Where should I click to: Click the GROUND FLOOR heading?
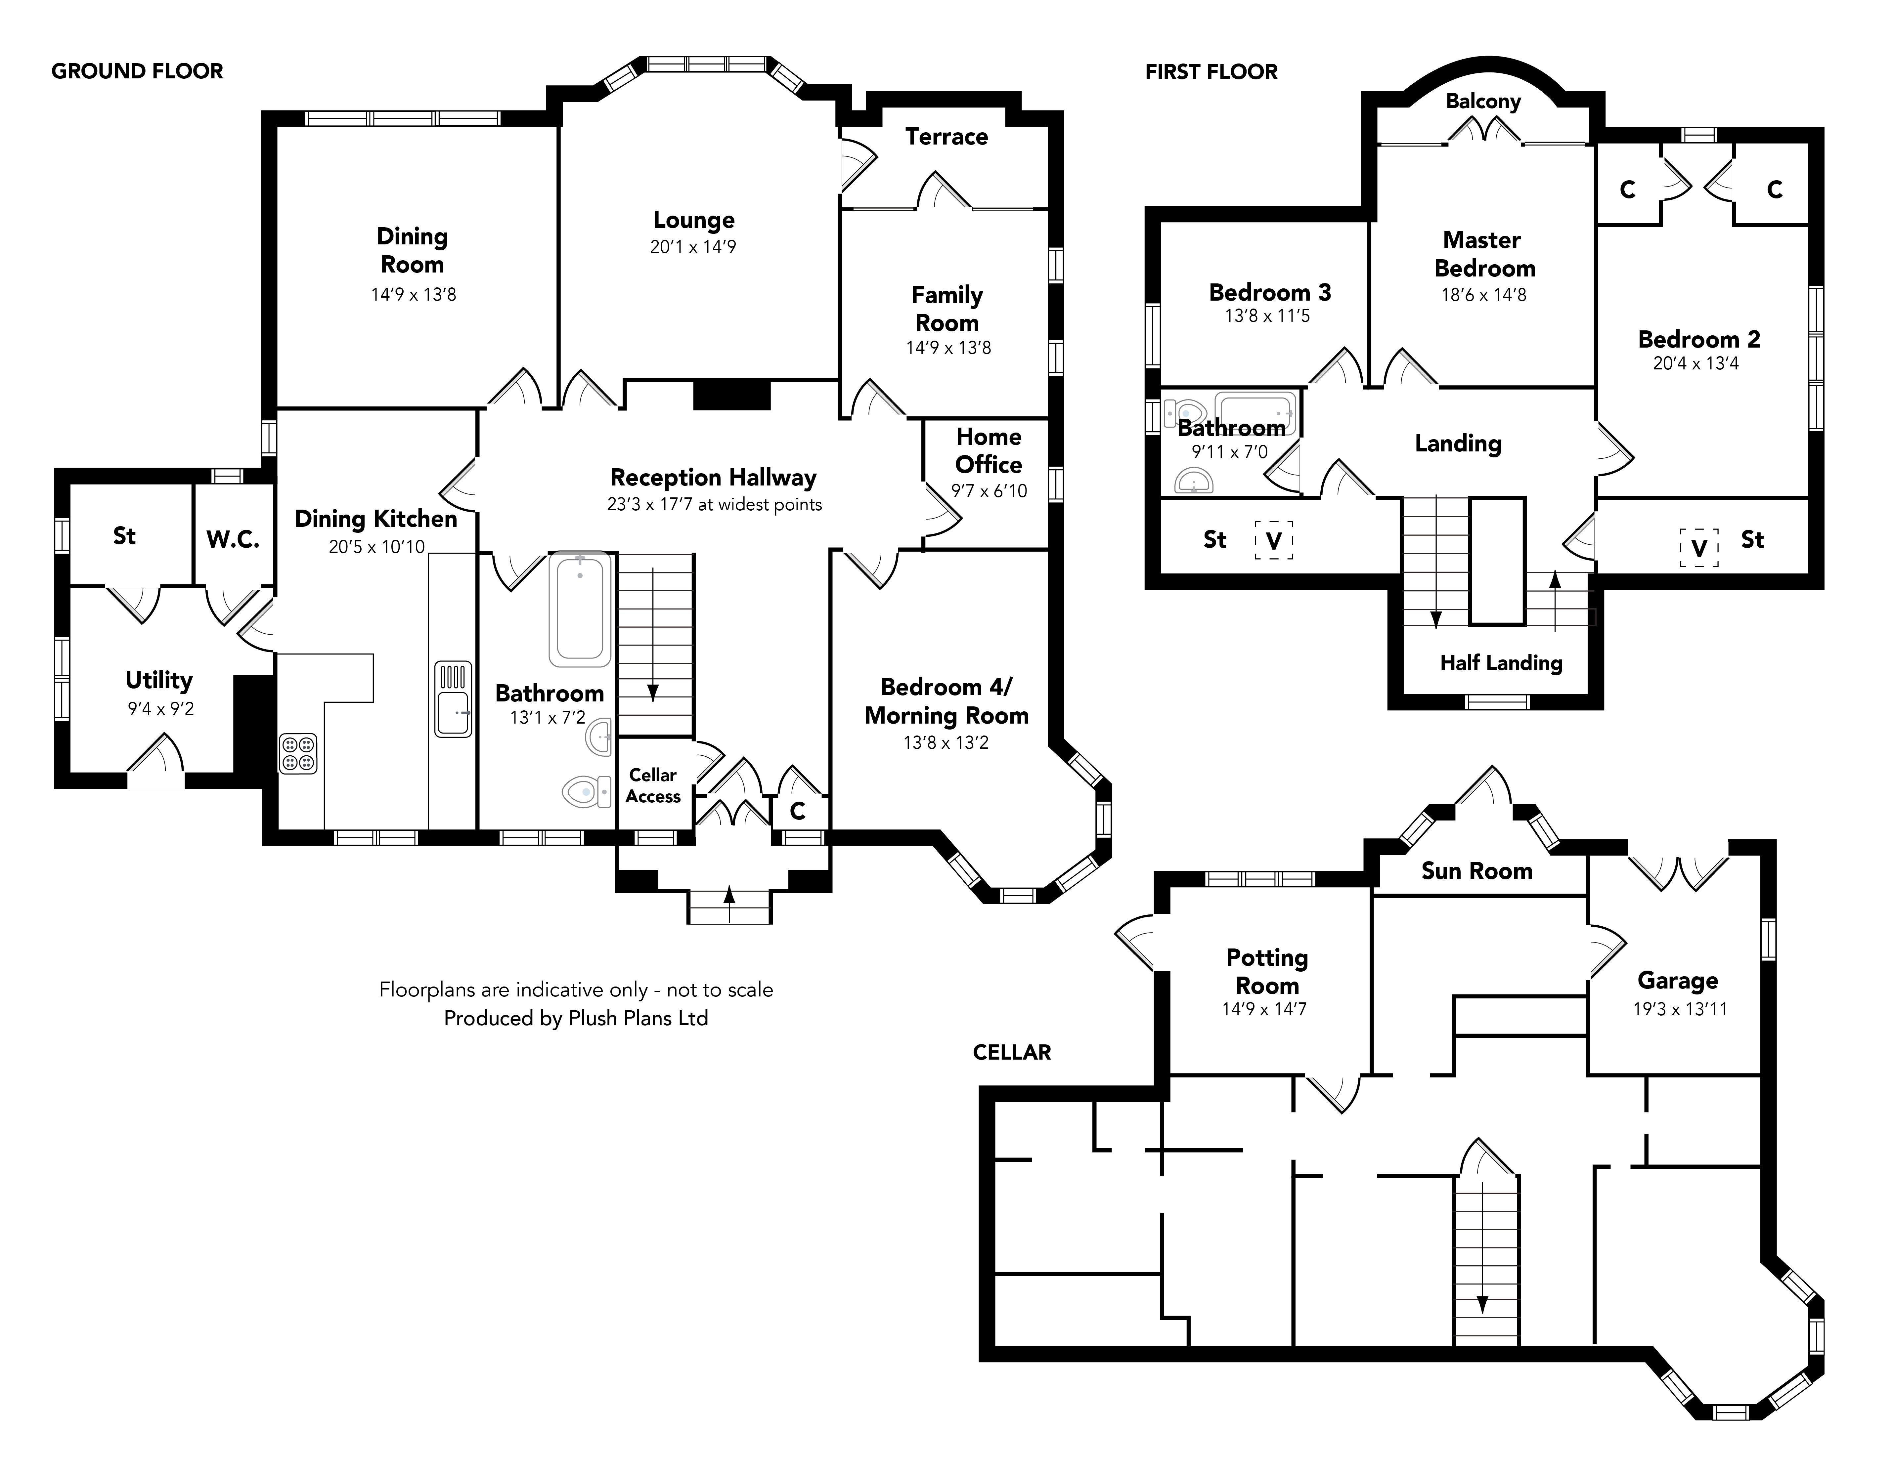click(137, 71)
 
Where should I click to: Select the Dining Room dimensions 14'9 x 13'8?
click(414, 295)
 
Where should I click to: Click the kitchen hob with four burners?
click(297, 753)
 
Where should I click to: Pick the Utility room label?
click(158, 680)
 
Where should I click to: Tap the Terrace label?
click(946, 137)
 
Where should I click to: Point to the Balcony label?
click(1483, 102)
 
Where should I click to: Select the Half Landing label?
click(1501, 663)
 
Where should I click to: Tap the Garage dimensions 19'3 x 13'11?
click(1680, 1008)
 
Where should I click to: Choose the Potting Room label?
click(1267, 971)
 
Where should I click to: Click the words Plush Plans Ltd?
click(638, 1018)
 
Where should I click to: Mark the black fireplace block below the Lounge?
click(731, 395)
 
